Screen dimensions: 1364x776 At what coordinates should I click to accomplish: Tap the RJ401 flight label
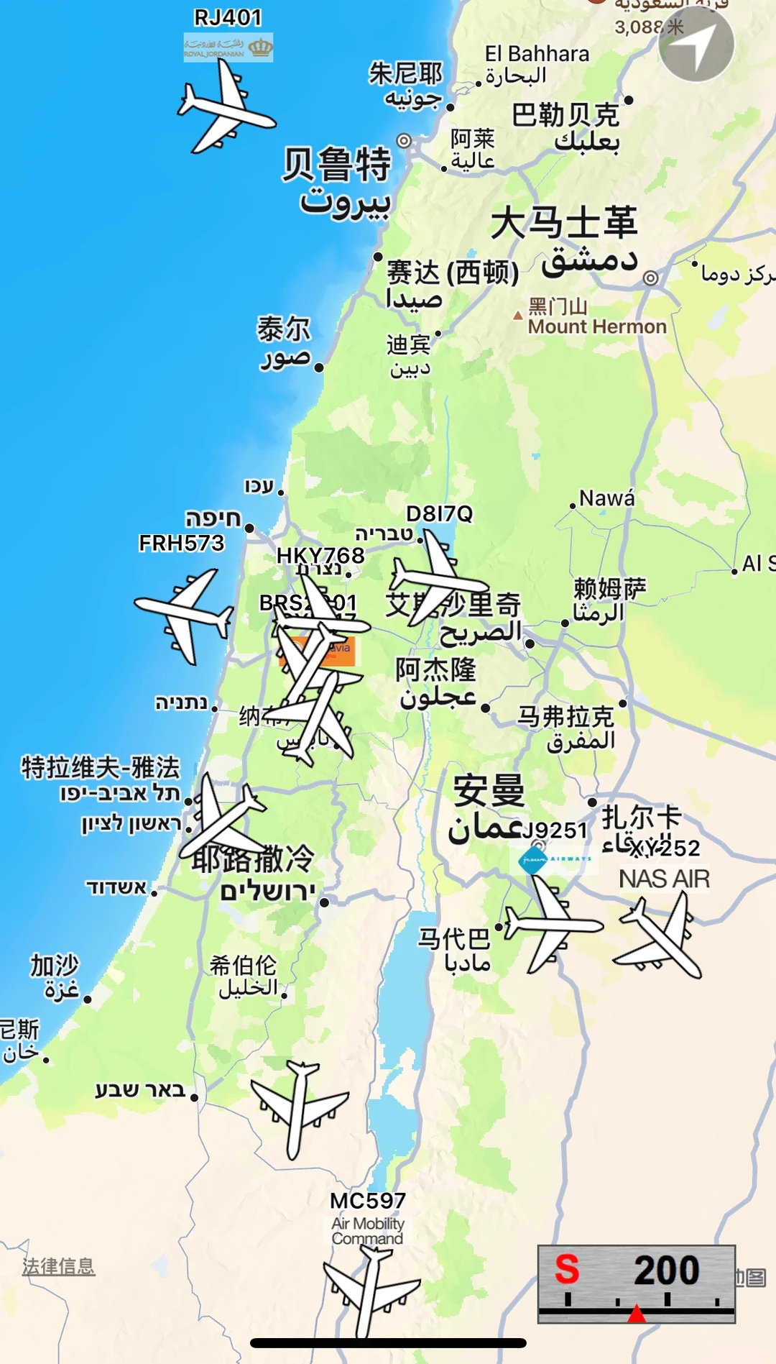(228, 17)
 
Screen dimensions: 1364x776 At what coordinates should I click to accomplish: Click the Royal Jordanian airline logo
(228, 47)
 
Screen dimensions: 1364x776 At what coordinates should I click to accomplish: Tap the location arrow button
(696, 44)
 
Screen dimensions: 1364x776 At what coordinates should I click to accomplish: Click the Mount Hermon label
(597, 326)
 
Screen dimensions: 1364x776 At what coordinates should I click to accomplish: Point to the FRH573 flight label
(182, 543)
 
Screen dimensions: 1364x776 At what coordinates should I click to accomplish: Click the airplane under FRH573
(185, 615)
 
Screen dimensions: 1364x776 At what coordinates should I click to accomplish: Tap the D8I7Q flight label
(440, 513)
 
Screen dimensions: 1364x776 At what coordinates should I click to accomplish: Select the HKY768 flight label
(320, 555)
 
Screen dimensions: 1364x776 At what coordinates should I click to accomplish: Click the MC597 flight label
(368, 1200)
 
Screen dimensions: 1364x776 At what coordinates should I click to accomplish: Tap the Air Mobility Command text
(368, 1230)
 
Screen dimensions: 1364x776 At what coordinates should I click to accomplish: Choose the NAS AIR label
(665, 879)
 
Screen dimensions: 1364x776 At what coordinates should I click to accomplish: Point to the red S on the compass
(567, 1269)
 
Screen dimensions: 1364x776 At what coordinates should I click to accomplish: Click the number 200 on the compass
(666, 1270)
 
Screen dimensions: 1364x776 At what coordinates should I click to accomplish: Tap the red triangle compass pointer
(637, 1314)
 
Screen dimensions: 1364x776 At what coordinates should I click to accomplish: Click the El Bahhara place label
(537, 54)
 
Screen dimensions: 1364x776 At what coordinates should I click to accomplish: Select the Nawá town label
(607, 498)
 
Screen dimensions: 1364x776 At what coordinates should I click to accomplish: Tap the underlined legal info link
(58, 1266)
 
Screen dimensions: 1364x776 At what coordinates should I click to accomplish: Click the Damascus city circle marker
(650, 278)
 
